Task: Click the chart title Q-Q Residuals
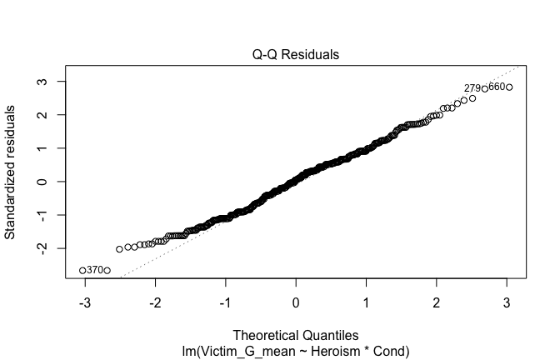coord(296,55)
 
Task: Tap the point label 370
coord(94,270)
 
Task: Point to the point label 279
coord(472,88)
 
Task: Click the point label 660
coord(497,87)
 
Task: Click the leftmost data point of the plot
coord(82,270)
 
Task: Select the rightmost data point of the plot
coord(509,87)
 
